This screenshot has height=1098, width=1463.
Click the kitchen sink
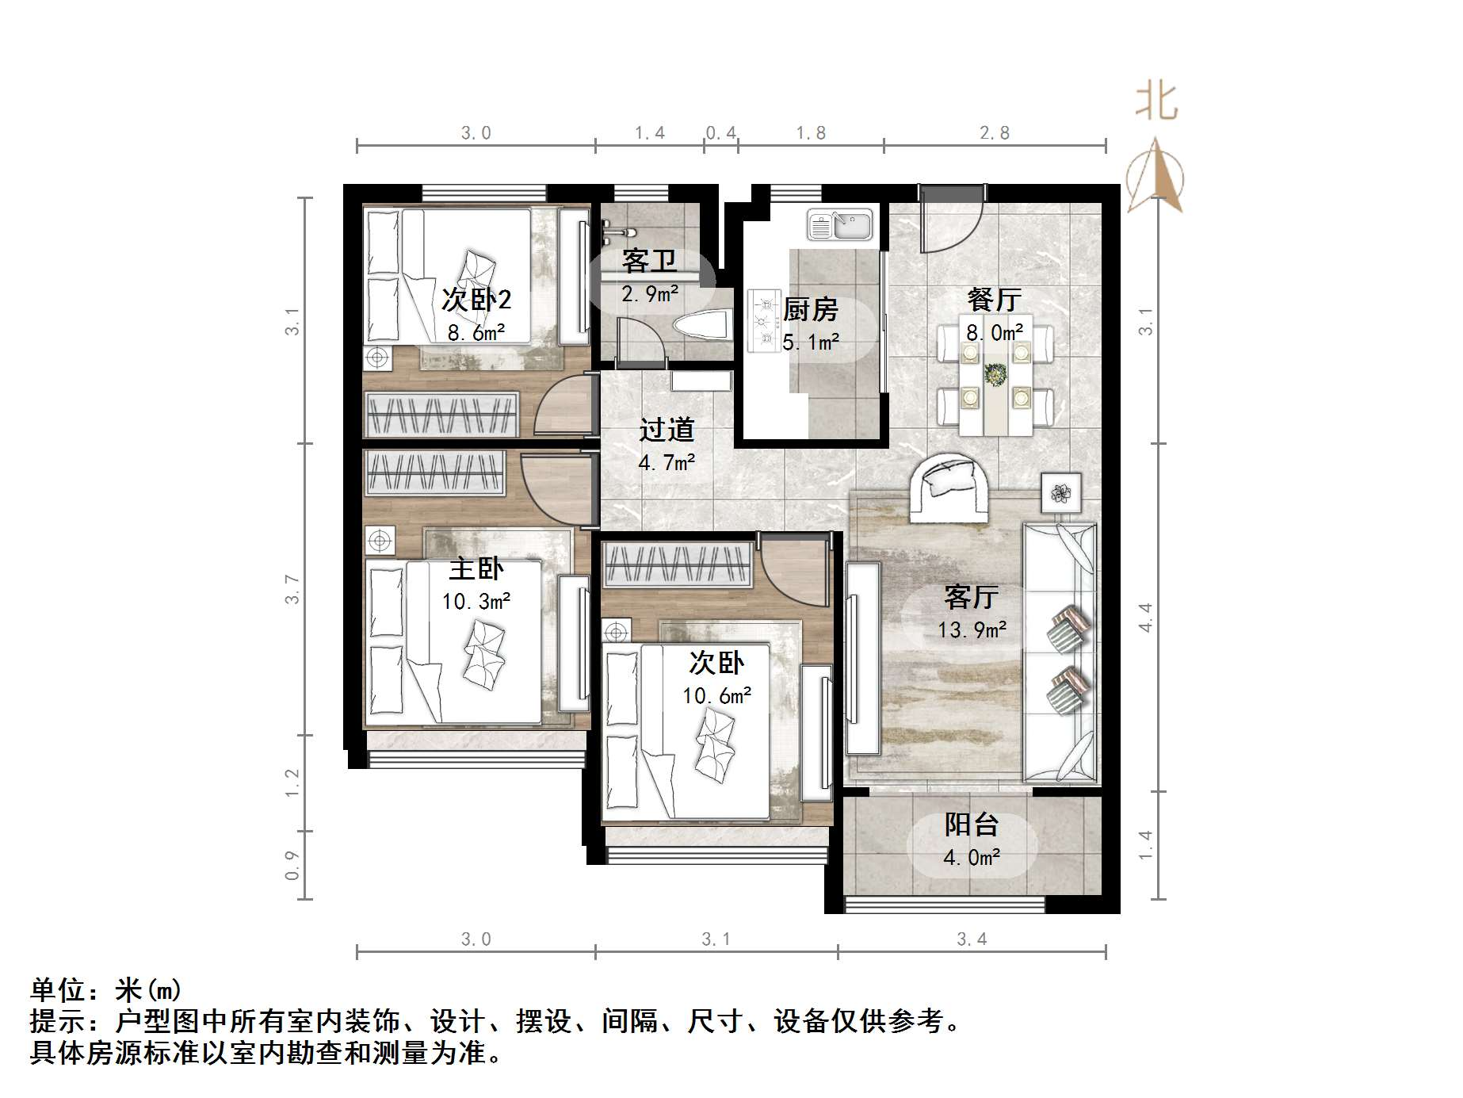click(839, 224)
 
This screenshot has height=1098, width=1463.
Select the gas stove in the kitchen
click(764, 319)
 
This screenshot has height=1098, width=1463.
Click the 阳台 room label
click(971, 825)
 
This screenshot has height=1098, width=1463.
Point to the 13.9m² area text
click(972, 630)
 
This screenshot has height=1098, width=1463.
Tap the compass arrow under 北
click(1156, 177)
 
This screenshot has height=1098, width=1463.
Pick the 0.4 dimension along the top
click(720, 133)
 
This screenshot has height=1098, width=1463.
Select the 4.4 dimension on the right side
click(1144, 618)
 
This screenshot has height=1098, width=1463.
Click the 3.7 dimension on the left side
click(292, 590)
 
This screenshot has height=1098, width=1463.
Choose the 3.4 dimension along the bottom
click(972, 939)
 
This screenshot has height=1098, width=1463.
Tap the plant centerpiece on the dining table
click(994, 373)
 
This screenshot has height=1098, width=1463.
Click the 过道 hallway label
click(667, 430)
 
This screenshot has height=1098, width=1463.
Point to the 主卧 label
click(476, 569)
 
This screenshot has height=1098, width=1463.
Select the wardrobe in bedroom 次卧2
click(441, 414)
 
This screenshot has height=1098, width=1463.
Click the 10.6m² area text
click(716, 696)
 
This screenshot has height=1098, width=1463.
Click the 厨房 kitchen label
click(810, 310)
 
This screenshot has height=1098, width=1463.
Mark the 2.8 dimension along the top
click(994, 133)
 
